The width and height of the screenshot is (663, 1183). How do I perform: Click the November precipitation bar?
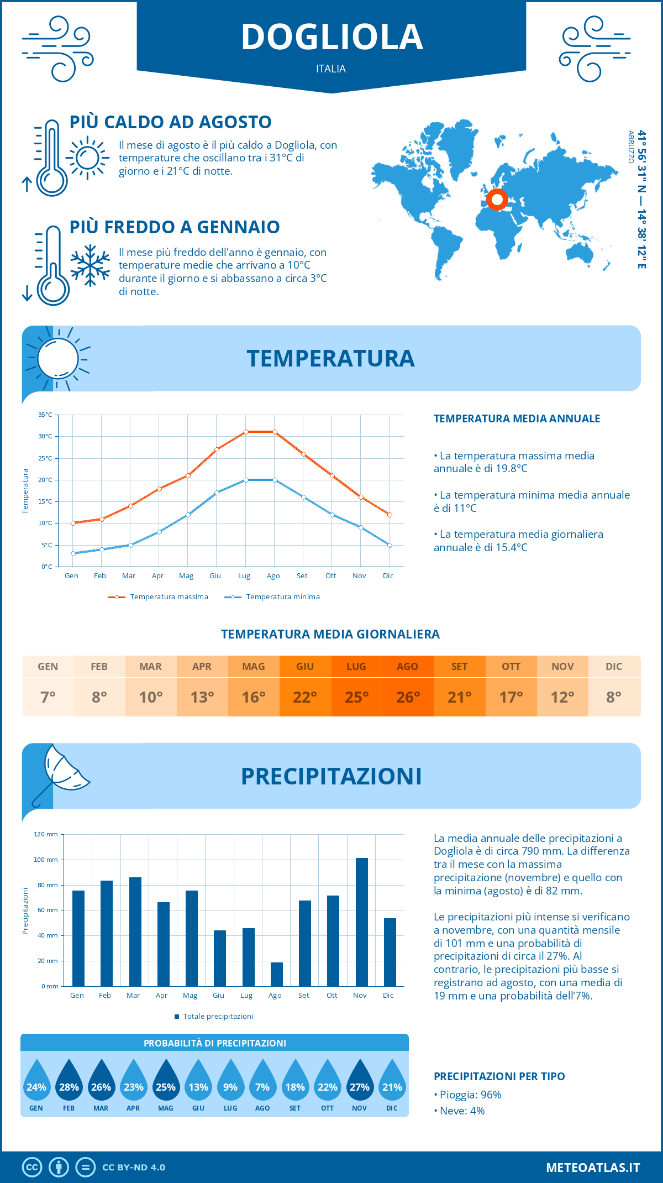point(362,922)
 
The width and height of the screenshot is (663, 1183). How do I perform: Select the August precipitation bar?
point(276,974)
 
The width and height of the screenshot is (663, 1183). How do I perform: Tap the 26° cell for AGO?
point(408,697)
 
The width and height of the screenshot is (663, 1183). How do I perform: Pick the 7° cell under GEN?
point(48,697)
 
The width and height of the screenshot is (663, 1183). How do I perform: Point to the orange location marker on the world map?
point(497,199)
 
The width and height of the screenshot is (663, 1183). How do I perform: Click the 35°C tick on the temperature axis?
point(45,415)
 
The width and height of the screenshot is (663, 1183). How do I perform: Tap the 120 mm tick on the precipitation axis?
point(46,834)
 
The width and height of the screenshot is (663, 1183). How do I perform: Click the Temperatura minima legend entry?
point(273,597)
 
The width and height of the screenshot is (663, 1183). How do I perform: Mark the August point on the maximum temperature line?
point(275,432)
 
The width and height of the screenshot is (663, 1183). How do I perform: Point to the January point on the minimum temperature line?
point(73,553)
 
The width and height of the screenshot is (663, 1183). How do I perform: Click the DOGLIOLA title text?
point(331,37)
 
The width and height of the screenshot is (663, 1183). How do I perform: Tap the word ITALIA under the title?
point(331,69)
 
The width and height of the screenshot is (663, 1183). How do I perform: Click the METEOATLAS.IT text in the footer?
point(592,1168)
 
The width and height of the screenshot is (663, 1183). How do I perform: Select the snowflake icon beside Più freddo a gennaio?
point(90,265)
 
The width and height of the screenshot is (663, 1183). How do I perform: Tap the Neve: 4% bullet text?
point(461,1111)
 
